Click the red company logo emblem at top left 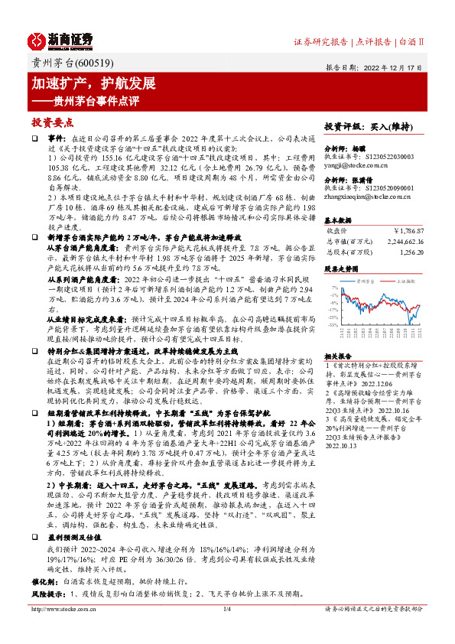pyautogui.click(x=40, y=40)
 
